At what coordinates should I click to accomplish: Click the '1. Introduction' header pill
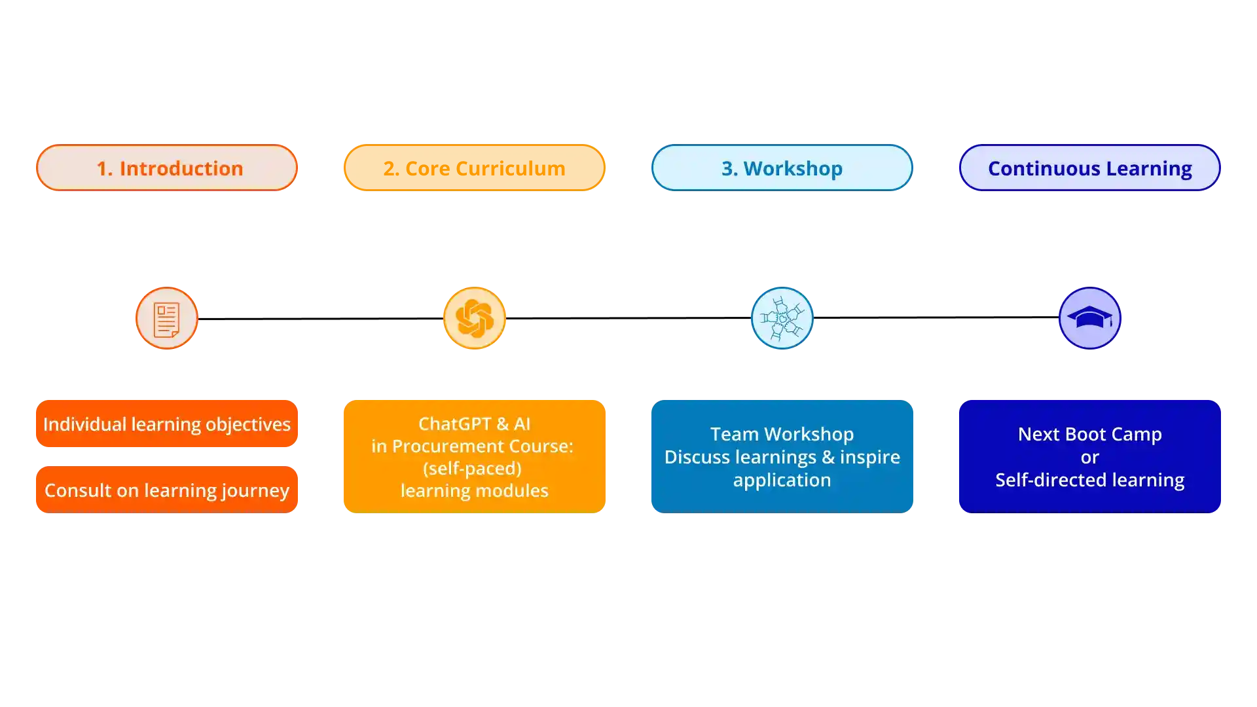point(167,168)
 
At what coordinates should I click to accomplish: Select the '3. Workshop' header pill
point(782,168)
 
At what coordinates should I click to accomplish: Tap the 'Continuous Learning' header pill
point(1089,168)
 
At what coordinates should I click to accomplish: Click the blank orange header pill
point(474,168)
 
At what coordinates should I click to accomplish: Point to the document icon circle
point(167,319)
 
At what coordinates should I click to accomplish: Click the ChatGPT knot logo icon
point(474,319)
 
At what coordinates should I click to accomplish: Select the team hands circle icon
point(782,319)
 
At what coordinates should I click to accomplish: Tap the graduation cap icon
point(1089,319)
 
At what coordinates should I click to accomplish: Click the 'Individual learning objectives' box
point(167,424)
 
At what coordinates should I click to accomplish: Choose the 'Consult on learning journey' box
point(167,490)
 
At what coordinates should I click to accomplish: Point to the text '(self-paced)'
point(472,469)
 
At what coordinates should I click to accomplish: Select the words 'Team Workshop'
point(782,434)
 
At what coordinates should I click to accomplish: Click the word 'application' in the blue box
point(782,480)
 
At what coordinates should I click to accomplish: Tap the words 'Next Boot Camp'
point(1089,434)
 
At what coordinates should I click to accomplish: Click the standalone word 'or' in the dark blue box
point(1089,458)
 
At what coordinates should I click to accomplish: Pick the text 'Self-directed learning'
point(1089,480)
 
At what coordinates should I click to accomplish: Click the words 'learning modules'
point(474,491)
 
